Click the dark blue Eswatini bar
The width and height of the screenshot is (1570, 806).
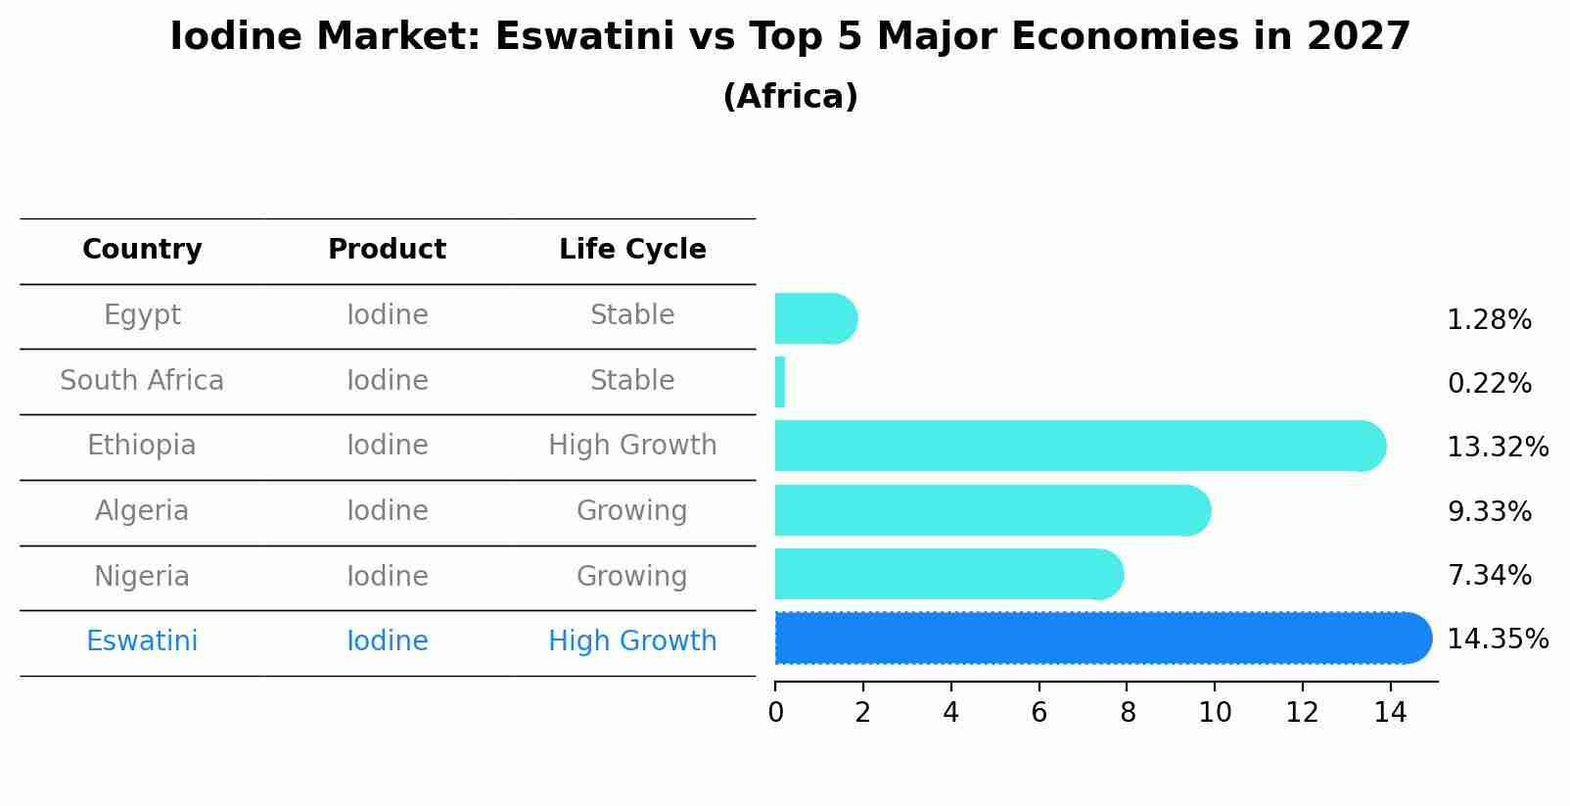[x=1102, y=639]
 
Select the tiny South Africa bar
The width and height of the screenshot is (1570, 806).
[x=780, y=382]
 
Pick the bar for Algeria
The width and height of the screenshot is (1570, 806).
[x=992, y=510]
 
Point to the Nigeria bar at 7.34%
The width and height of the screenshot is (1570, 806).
[x=948, y=574]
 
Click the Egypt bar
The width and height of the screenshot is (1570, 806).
[x=815, y=318]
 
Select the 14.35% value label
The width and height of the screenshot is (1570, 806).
[x=1498, y=640]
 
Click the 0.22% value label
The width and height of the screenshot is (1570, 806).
[x=1489, y=384]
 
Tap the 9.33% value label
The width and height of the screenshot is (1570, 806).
[x=1489, y=511]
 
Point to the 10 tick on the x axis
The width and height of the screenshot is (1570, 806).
[x=1215, y=712]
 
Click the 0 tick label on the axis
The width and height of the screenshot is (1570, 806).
[x=775, y=712]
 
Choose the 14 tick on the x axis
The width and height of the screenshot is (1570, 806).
[x=1390, y=712]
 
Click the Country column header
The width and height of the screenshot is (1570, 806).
[x=142, y=250]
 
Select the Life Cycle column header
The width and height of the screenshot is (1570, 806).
[x=632, y=250]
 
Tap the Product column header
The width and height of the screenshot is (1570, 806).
[x=387, y=250]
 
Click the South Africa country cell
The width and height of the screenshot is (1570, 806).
[x=142, y=381]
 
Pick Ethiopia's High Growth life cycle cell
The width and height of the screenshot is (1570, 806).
[x=632, y=446]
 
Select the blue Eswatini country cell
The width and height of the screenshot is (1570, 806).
[x=142, y=641]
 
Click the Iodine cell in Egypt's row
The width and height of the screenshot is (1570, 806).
[x=387, y=315]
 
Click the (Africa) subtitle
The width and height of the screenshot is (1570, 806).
[x=790, y=97]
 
